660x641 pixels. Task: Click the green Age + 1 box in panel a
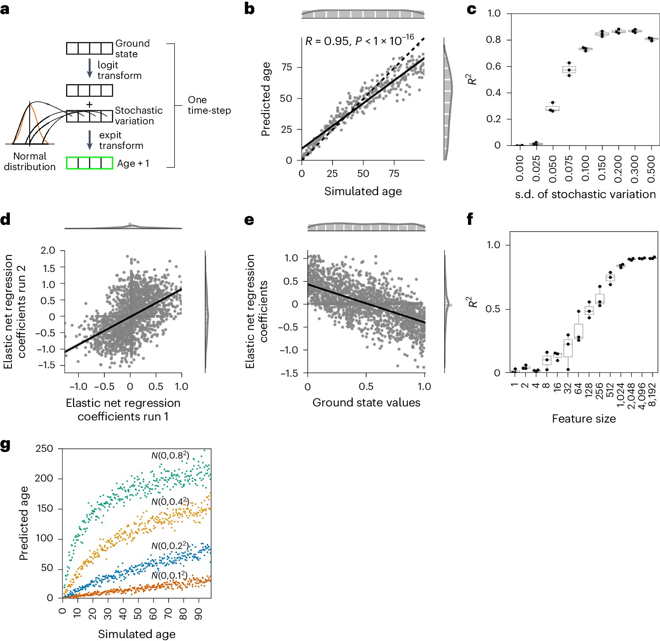click(89, 163)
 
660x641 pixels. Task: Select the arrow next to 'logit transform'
click(89, 68)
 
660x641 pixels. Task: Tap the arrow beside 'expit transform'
click(89, 140)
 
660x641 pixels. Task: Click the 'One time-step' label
click(209, 105)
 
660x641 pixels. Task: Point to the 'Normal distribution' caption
click(30, 162)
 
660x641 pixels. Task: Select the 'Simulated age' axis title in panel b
click(363, 191)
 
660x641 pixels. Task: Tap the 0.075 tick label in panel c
click(569, 168)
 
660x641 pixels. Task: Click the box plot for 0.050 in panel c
click(552, 108)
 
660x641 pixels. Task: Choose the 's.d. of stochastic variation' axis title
click(585, 194)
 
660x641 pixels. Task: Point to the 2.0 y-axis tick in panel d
click(48, 250)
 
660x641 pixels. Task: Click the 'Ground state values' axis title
click(366, 403)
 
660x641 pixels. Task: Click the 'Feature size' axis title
click(584, 419)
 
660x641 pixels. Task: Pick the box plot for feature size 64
click(579, 331)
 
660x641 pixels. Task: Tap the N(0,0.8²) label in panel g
click(170, 456)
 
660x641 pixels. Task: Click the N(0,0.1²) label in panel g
click(170, 575)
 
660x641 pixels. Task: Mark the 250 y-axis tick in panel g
click(45, 448)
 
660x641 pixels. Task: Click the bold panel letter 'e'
click(249, 220)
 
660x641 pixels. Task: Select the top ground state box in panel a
click(89, 48)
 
